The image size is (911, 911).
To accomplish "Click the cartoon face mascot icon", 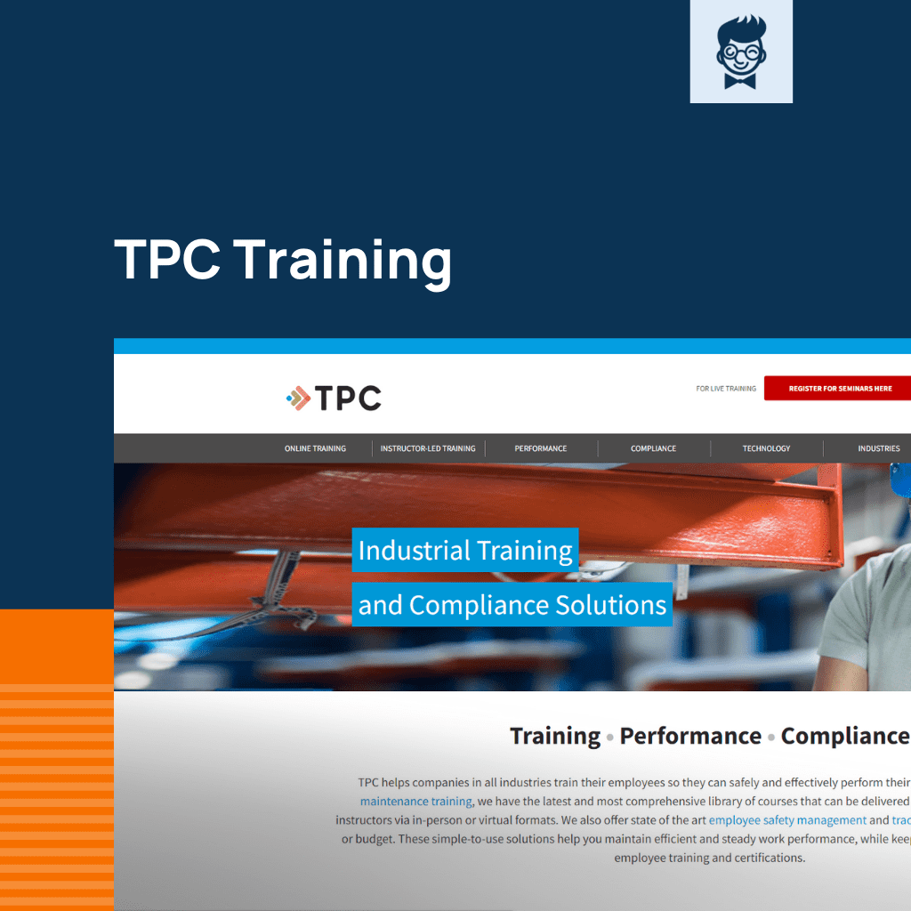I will (x=740, y=51).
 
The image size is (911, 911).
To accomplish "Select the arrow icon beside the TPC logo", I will (x=299, y=399).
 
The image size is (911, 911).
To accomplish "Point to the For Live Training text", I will (x=725, y=389).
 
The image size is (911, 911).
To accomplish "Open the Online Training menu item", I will (x=315, y=448).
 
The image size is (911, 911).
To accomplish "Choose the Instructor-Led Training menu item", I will (x=427, y=448).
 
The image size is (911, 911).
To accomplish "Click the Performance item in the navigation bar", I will (x=540, y=448).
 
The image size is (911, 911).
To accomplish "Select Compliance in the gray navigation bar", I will (x=653, y=448).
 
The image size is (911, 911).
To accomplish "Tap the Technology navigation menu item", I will (x=766, y=448).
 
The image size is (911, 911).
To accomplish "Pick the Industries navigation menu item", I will (x=878, y=448).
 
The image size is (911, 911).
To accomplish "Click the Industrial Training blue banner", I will (x=465, y=551).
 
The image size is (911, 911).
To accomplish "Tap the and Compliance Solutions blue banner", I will (x=512, y=605).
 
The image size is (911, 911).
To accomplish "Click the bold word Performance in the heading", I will (x=690, y=736).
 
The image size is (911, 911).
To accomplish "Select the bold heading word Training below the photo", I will (x=554, y=736).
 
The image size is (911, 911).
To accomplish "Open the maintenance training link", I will (x=415, y=802).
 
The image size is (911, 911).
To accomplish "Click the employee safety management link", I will (x=787, y=820).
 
